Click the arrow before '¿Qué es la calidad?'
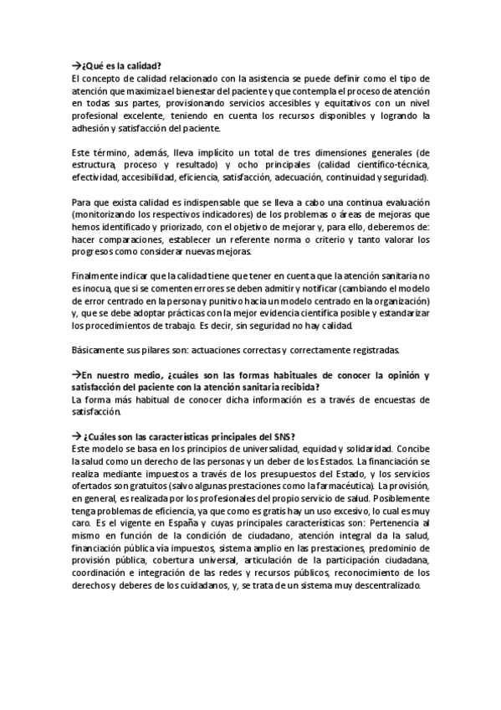point(76,65)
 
